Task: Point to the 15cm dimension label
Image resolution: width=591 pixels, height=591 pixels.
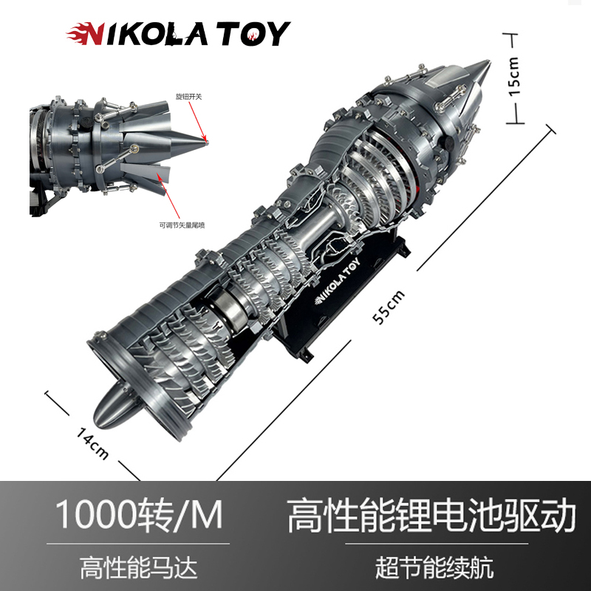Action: coord(515,75)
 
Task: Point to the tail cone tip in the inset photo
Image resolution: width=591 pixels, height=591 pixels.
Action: coord(206,141)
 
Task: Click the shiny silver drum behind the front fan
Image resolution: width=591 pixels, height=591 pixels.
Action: coord(225,304)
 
